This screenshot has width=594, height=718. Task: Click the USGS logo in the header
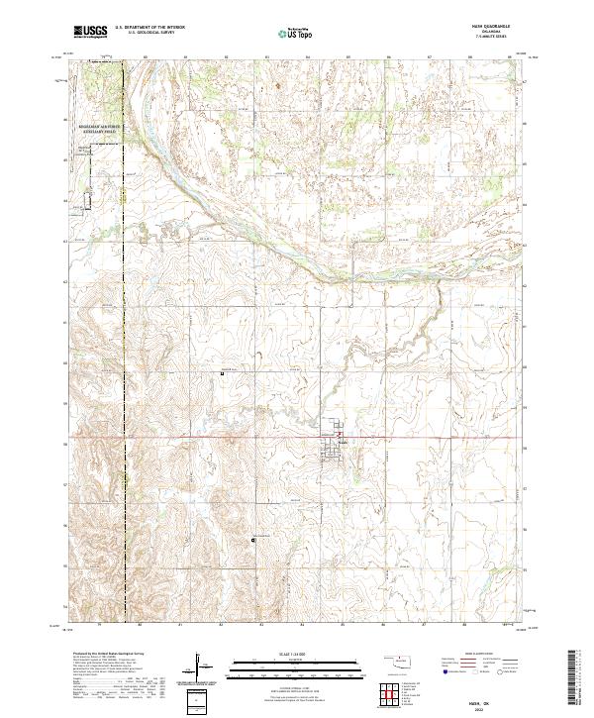[90, 33]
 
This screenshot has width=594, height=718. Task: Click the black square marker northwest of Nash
[222, 373]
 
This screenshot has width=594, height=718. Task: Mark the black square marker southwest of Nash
[253, 540]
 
